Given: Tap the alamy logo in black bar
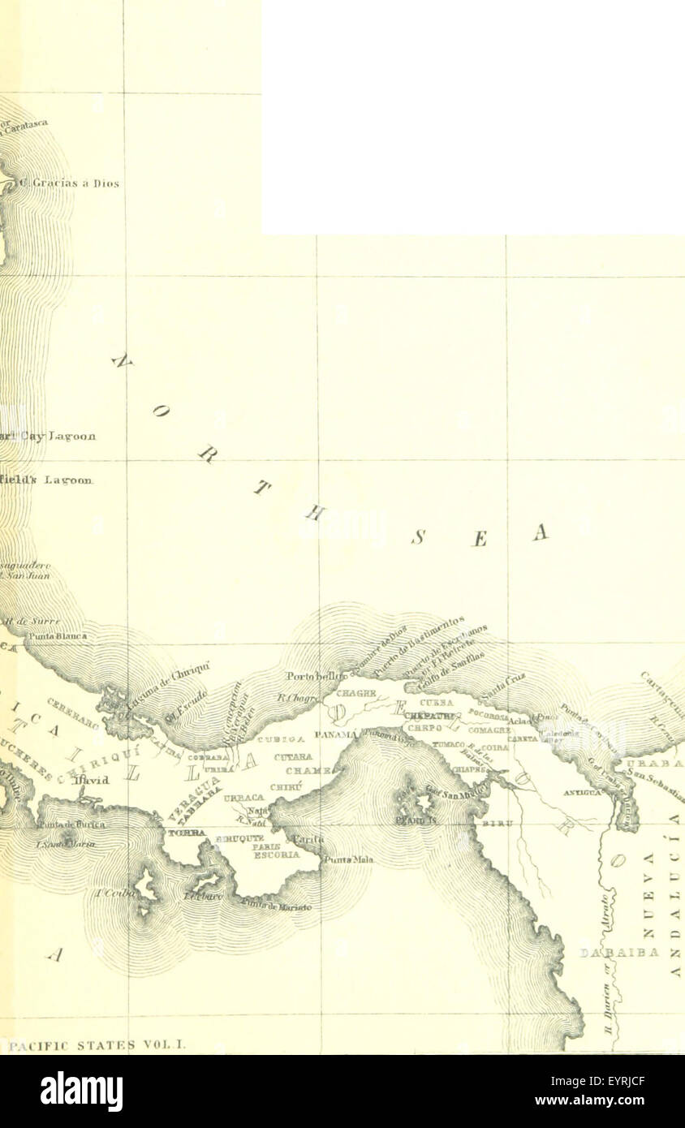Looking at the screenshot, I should pyautogui.click(x=81, y=1091).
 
